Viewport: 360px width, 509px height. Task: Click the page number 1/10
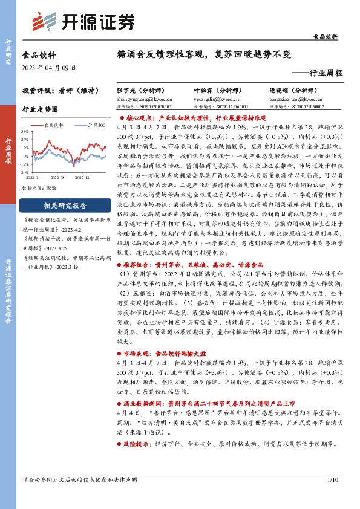331,496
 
